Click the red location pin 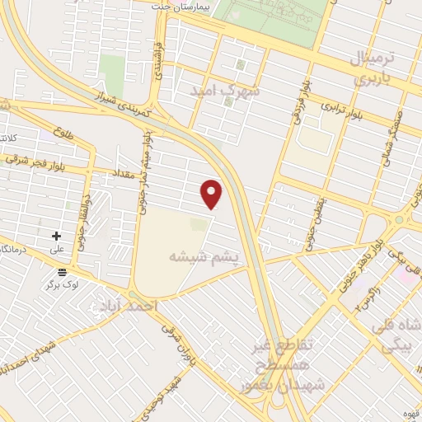point(213,193)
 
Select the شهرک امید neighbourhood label point(225,91)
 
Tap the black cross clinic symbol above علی point(56,236)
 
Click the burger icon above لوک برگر point(62,272)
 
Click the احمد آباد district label point(126,306)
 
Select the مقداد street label point(124,173)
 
